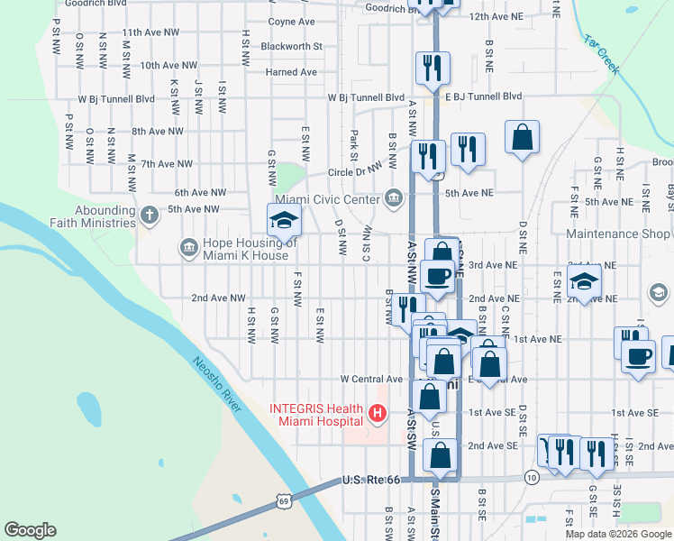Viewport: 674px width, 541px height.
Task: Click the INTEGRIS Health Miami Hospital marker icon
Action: (378, 414)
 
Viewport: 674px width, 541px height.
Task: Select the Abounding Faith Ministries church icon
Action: (150, 214)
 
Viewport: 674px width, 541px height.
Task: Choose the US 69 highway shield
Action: (284, 499)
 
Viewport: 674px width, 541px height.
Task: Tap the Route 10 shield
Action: (533, 476)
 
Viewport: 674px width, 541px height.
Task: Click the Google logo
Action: (31, 529)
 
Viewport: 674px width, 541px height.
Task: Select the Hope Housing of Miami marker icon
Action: (188, 246)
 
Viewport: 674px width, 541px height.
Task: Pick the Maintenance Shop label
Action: (617, 234)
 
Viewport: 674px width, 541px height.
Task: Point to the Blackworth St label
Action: (291, 46)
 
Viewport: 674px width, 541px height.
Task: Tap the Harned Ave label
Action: (291, 72)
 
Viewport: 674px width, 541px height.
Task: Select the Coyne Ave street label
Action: (292, 21)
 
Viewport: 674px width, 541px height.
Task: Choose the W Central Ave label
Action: (371, 380)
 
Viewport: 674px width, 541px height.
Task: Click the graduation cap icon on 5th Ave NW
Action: (283, 217)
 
